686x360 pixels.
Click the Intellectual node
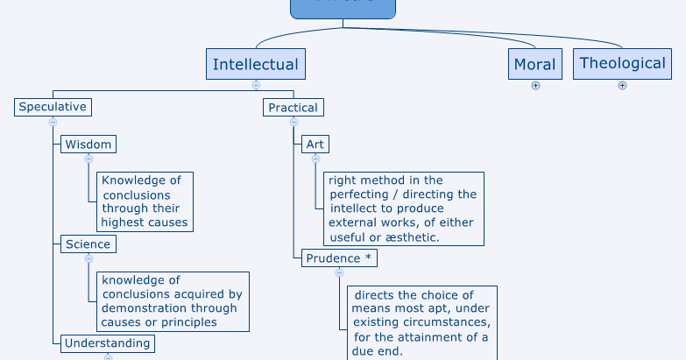[x=256, y=64]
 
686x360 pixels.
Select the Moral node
[x=534, y=64]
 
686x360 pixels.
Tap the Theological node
[x=622, y=63]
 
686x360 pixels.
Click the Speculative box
[x=53, y=107]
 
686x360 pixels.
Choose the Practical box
[x=293, y=108]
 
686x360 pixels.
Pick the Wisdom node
[x=88, y=145]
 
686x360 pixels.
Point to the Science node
[x=88, y=244]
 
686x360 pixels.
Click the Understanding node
[x=108, y=343]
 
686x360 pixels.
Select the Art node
[x=315, y=145]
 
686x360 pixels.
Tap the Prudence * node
[x=339, y=258]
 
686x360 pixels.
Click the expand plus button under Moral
[x=535, y=86]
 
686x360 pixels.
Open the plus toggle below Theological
[x=622, y=86]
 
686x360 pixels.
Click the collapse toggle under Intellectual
[x=256, y=86]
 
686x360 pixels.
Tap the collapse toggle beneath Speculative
[x=53, y=123]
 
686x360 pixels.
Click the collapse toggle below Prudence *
[x=339, y=273]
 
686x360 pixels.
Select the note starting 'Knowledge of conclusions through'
[x=145, y=201]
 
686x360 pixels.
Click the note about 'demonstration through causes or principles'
[x=172, y=301]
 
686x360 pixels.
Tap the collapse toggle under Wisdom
[x=88, y=159]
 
